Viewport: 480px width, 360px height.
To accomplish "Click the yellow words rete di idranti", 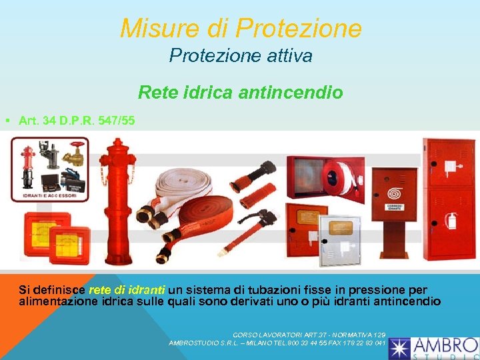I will click(x=127, y=290).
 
